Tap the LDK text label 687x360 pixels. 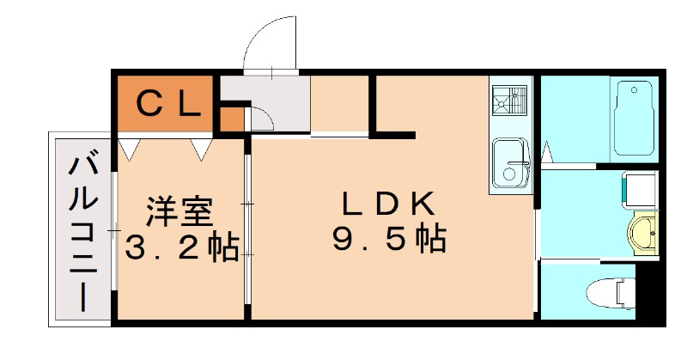point(389,204)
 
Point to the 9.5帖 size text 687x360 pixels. point(389,238)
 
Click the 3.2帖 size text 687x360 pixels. point(181,248)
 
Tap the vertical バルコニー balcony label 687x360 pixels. point(82,229)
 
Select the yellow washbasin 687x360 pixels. point(642,233)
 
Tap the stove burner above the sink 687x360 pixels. point(511,103)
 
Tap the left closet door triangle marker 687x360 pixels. point(130,149)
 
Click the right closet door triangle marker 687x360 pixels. point(202,149)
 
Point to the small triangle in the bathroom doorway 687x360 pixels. point(546,154)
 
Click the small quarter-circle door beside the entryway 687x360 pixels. point(259,119)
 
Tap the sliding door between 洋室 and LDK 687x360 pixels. point(247,229)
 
